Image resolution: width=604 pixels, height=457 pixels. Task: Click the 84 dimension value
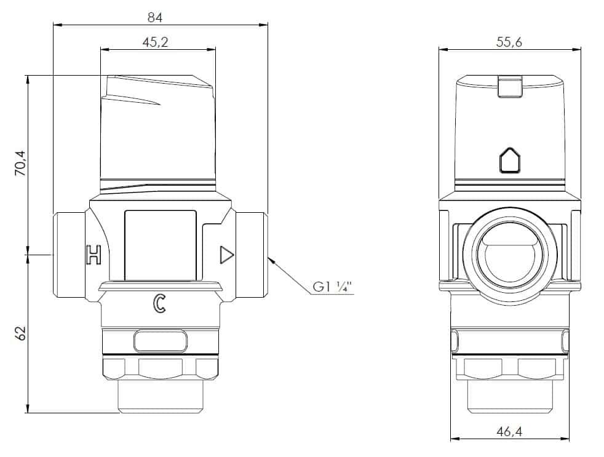(x=155, y=17)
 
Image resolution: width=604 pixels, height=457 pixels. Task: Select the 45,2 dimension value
(x=155, y=42)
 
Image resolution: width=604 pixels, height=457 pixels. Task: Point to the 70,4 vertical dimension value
(x=20, y=164)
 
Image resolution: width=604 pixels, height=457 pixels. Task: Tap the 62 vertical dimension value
(x=21, y=333)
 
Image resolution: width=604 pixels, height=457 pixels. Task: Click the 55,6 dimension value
(x=509, y=42)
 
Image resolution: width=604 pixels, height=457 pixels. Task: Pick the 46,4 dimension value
(x=509, y=432)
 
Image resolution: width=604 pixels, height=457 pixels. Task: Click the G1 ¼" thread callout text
(x=333, y=287)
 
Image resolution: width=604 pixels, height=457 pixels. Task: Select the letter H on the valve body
(x=93, y=254)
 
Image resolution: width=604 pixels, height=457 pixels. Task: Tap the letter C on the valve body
(x=159, y=303)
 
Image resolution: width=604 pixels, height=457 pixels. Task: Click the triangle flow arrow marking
(x=226, y=255)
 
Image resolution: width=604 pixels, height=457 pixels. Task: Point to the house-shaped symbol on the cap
(x=510, y=160)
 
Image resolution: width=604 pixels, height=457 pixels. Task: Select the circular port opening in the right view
(x=510, y=255)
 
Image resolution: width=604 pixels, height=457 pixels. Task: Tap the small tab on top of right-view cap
(x=510, y=86)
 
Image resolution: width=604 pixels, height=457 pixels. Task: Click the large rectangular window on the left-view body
(x=161, y=245)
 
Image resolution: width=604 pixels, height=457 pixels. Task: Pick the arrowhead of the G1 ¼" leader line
(x=271, y=259)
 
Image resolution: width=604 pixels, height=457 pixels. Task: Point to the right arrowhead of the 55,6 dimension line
(x=577, y=49)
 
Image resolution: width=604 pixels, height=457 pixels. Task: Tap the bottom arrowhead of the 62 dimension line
(x=28, y=408)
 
